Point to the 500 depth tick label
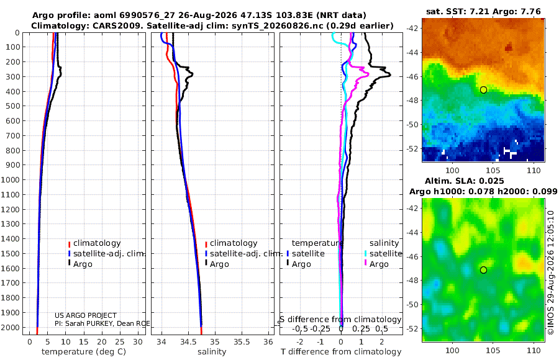(x=12, y=106)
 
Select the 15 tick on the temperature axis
(x=83, y=342)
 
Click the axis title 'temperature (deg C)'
(x=84, y=352)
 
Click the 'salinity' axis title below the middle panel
(x=212, y=352)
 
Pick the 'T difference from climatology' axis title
(x=341, y=352)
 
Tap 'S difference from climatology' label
(x=340, y=320)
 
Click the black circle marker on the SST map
(x=483, y=90)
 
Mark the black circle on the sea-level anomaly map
(x=483, y=270)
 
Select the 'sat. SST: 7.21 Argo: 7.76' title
(x=483, y=12)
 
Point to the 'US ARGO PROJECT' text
(x=86, y=315)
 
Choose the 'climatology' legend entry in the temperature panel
(x=97, y=243)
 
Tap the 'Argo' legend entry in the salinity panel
(x=219, y=264)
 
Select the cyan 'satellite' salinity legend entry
(x=386, y=254)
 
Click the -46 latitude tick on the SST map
(x=413, y=76)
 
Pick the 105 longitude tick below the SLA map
(x=493, y=350)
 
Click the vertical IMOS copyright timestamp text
(x=551, y=272)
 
